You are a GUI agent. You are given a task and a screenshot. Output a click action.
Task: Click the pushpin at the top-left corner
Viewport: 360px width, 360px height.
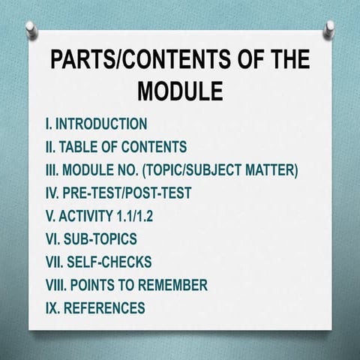(x=31, y=28)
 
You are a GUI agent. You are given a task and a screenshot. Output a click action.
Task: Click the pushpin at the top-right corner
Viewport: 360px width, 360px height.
(x=328, y=28)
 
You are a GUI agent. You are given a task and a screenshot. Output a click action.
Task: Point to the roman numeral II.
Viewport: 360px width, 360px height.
(x=49, y=147)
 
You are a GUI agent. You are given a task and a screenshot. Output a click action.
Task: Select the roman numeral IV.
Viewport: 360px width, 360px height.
(x=52, y=193)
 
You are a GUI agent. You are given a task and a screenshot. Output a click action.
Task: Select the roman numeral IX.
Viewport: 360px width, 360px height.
(x=51, y=308)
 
